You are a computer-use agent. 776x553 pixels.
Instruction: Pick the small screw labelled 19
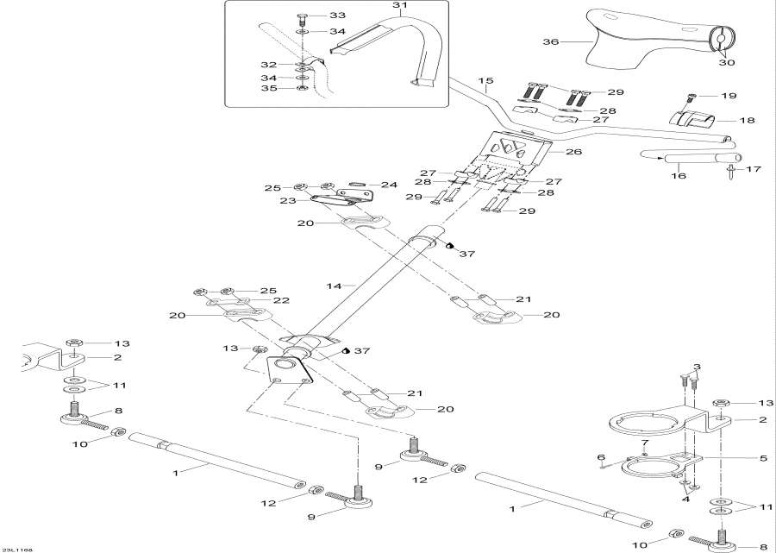click(x=692, y=98)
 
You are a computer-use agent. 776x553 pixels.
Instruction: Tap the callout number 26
click(x=573, y=151)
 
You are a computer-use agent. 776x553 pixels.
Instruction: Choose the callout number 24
click(x=389, y=184)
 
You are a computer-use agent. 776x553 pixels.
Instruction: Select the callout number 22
click(x=281, y=300)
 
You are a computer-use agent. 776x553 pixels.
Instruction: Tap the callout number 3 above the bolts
click(x=696, y=368)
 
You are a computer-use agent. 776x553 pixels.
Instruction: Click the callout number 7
click(x=643, y=443)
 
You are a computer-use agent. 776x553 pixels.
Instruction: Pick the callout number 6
click(x=600, y=457)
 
